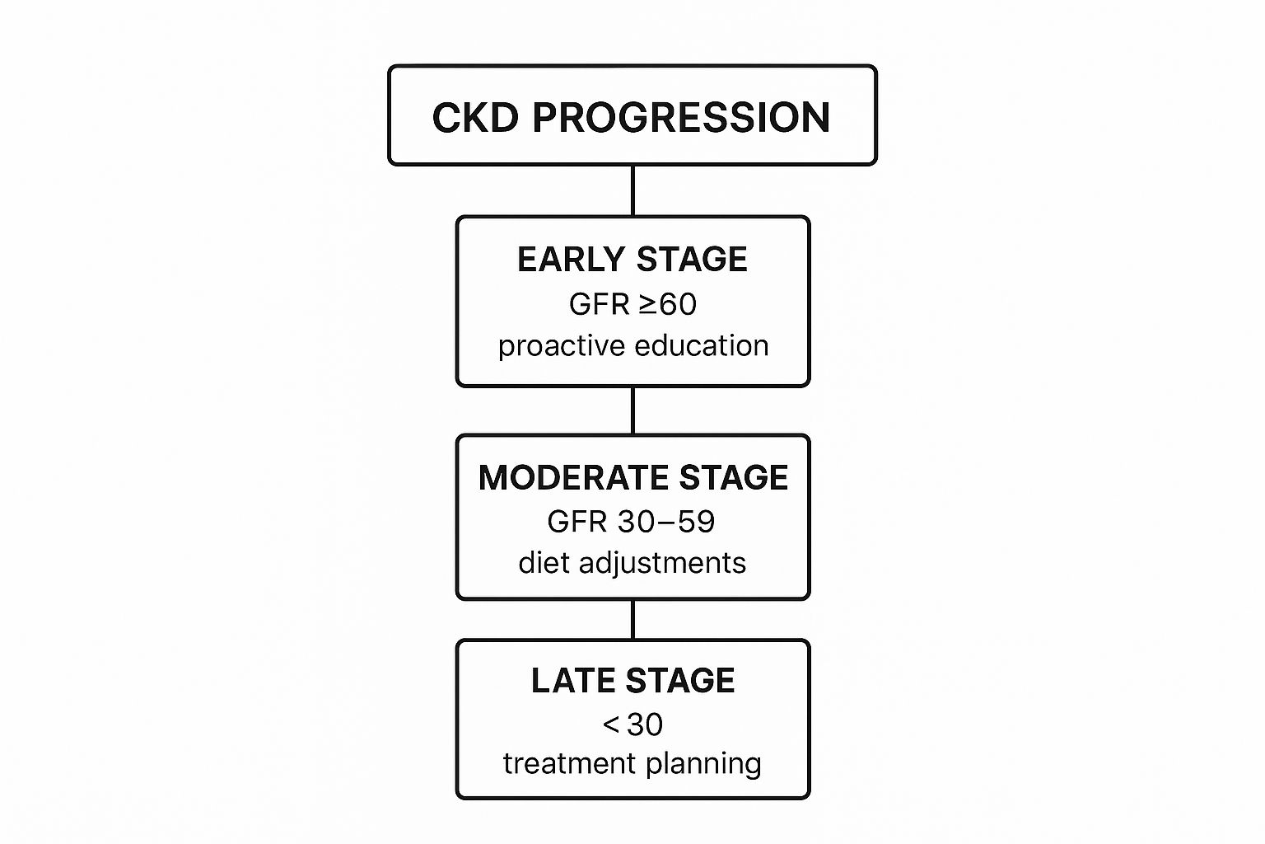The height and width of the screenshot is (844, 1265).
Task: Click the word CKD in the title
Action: (x=475, y=118)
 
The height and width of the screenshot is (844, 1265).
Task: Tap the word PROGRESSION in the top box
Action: (x=682, y=118)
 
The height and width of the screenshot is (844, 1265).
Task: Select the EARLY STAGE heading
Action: (x=632, y=260)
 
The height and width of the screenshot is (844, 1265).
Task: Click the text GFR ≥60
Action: (x=632, y=304)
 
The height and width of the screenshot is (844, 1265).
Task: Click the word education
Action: (x=702, y=345)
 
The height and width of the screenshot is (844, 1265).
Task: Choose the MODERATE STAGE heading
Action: (x=633, y=478)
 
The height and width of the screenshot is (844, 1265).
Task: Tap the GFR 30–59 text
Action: (x=632, y=521)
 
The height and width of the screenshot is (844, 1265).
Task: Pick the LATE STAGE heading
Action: (x=633, y=680)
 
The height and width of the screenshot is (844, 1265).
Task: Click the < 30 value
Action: (x=632, y=724)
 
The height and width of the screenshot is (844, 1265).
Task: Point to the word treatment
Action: (x=568, y=763)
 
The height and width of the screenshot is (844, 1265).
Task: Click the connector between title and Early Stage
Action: (x=632, y=190)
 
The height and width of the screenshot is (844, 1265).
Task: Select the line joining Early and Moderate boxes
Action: (x=632, y=410)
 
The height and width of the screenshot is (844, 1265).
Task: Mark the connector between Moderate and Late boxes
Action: (x=632, y=620)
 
